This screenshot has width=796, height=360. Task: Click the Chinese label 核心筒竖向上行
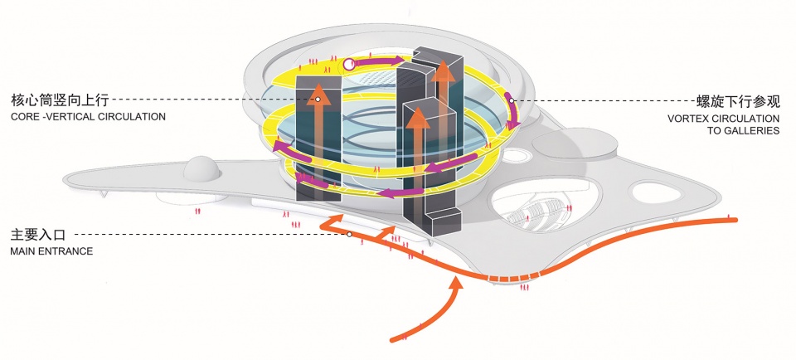tap(61, 100)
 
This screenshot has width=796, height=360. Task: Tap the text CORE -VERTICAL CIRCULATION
tap(89, 117)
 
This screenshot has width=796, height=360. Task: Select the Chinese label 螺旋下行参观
tap(738, 102)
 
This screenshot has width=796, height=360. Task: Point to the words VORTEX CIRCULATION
tap(723, 119)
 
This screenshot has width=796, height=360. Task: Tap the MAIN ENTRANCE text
tap(51, 251)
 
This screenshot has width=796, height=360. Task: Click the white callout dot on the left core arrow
tap(317, 100)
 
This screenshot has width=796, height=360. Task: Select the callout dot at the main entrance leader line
tap(349, 235)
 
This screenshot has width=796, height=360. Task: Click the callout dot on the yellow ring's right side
tap(512, 101)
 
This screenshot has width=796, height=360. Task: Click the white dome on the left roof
tap(201, 169)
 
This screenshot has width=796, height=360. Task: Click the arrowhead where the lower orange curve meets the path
tap(456, 286)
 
